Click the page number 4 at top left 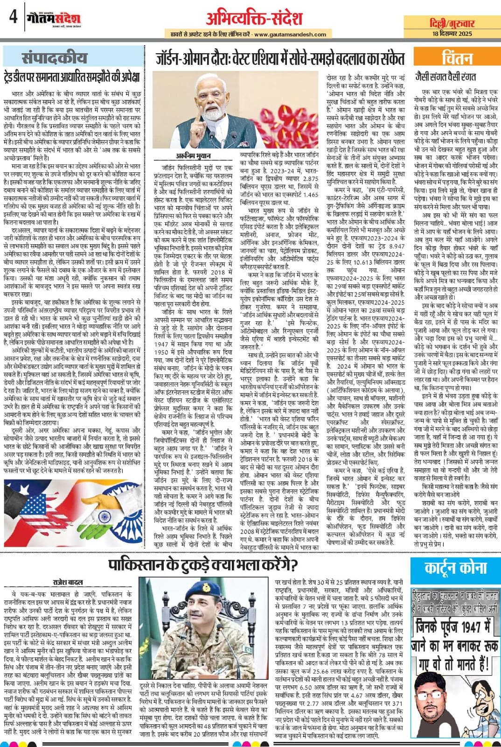coord(13,17)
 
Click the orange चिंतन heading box coord(457,58)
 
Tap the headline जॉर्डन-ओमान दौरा coord(280,59)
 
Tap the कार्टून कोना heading coord(455,568)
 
